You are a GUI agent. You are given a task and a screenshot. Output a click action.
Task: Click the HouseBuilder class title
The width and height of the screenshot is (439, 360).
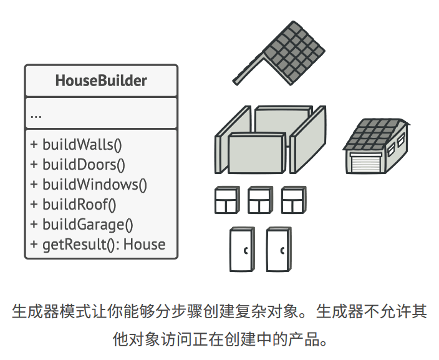coord(101,81)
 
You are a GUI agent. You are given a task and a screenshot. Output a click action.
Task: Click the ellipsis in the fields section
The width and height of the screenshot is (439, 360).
coord(36,115)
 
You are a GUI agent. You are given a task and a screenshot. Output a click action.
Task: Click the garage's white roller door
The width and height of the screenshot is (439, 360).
coord(365,163)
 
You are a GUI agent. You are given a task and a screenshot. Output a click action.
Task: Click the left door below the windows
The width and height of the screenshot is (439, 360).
coord(242,250)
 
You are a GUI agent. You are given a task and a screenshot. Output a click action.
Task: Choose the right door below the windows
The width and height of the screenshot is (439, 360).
coord(279,250)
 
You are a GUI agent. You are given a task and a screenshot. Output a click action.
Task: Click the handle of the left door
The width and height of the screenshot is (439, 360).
coord(246,250)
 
